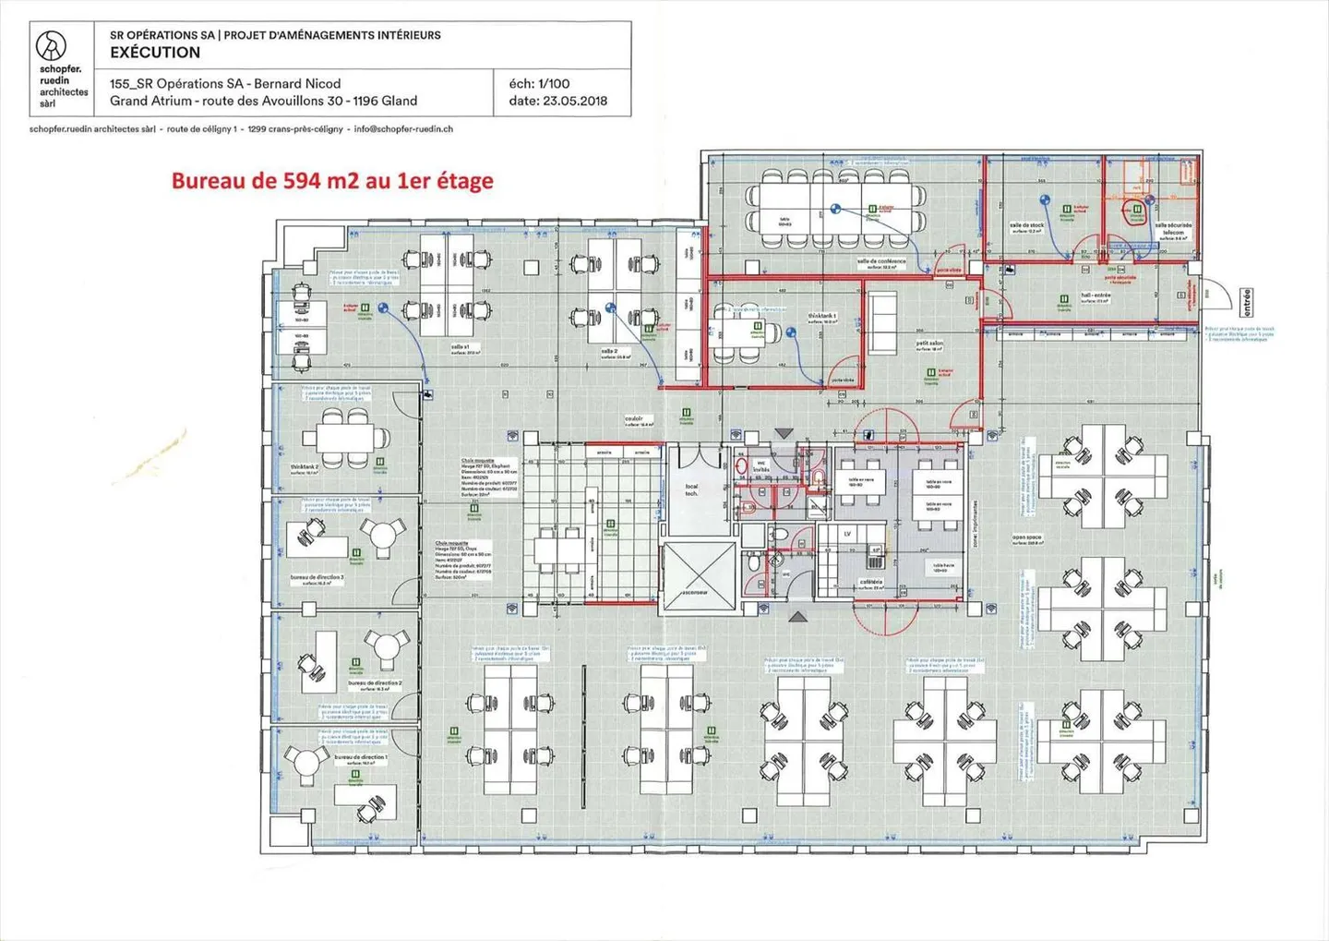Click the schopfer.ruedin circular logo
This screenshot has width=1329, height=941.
coord(51,45)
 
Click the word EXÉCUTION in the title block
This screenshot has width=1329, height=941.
coord(155,53)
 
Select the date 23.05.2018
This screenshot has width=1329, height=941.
coord(575,101)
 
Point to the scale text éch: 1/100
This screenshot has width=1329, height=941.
coord(539,83)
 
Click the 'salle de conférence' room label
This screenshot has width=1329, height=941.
coord(881,261)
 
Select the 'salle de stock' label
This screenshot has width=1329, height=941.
coord(1026,225)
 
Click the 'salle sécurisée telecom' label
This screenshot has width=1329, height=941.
coord(1173,228)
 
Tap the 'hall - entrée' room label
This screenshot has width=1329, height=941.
coord(1096,296)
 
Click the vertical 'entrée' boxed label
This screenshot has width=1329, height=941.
coord(1247,302)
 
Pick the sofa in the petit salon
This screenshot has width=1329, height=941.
coord(882,322)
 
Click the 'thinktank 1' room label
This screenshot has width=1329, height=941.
coord(821,316)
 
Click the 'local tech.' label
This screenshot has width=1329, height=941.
coord(691,489)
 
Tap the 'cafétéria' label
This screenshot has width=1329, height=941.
coord(870,583)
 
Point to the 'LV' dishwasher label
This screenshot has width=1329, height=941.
coord(846,534)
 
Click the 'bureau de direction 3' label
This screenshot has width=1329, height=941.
coord(317,577)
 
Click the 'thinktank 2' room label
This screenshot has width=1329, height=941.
coord(305,467)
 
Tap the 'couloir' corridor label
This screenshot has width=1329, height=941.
coord(633,418)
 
